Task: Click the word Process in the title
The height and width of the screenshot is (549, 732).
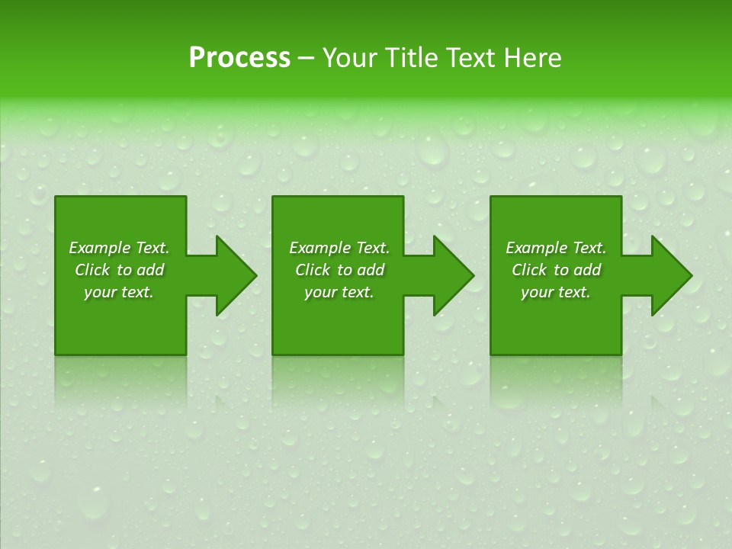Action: click(x=239, y=58)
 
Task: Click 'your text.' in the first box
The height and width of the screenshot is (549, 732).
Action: click(x=119, y=292)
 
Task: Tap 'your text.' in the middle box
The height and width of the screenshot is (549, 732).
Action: click(x=339, y=292)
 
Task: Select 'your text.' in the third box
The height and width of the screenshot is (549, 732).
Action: click(x=556, y=292)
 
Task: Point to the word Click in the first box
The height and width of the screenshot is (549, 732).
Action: click(x=93, y=270)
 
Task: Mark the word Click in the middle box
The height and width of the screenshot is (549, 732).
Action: click(x=313, y=270)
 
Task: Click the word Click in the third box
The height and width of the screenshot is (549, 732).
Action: click(x=530, y=270)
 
